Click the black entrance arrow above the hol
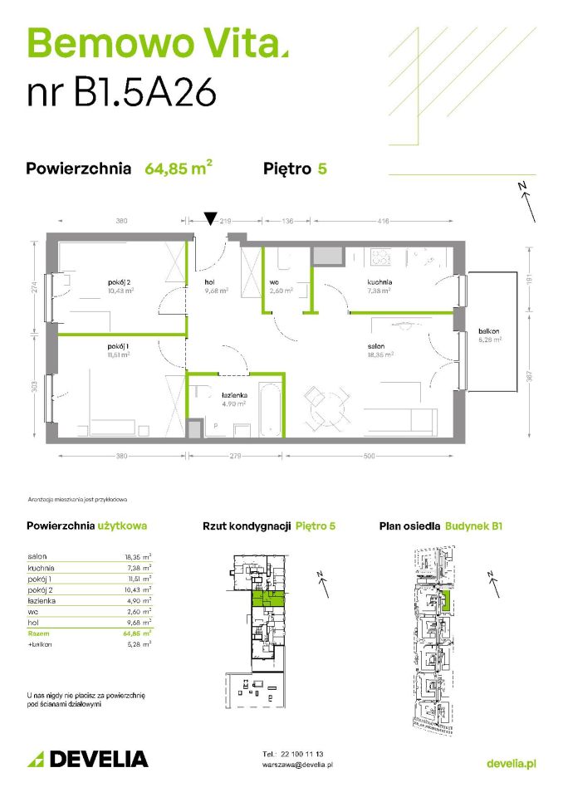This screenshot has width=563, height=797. pos(211,218)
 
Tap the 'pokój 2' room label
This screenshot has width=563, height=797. pos(120,282)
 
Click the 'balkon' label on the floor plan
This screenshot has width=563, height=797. pos(487,330)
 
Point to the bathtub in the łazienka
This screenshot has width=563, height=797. pos(271,409)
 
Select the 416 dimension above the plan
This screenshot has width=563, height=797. pos(382,222)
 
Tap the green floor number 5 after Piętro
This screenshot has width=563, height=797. pos(321,169)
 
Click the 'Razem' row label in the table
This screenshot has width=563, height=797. pos(39,633)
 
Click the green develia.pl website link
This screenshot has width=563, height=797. pos(510,764)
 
